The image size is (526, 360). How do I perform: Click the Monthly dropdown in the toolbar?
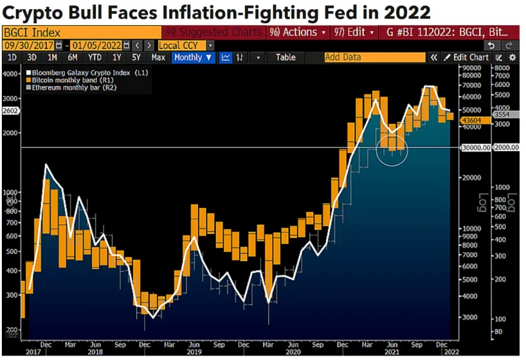coord(194,57)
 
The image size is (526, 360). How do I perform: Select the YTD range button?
coord(95,57)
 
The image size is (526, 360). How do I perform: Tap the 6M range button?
coord(73,57)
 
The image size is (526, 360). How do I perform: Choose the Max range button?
coord(158,57)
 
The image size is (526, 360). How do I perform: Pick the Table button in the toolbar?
coord(285,57)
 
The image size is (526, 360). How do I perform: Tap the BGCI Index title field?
coord(82,32)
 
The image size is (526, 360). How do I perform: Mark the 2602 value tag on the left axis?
coord(11,111)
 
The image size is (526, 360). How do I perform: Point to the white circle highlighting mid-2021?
coord(392,149)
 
